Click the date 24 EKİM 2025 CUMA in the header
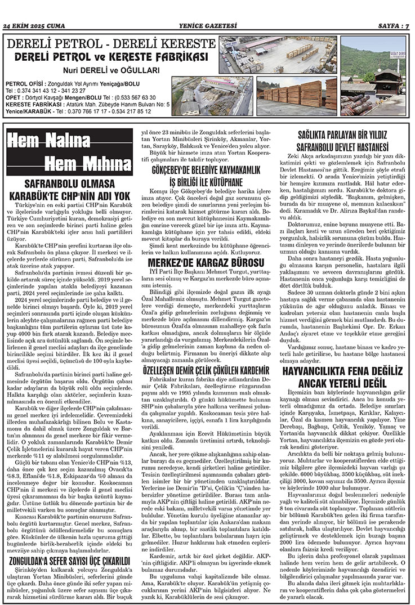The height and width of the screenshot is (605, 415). pos(34,25)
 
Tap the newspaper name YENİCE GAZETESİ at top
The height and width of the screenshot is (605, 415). pos(207,25)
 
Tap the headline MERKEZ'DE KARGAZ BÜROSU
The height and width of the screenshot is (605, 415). pos(206,262)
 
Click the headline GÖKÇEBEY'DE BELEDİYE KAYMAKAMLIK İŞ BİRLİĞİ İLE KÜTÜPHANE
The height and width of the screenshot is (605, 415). pos(206,176)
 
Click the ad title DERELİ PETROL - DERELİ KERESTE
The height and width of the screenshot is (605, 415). pos(110,44)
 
